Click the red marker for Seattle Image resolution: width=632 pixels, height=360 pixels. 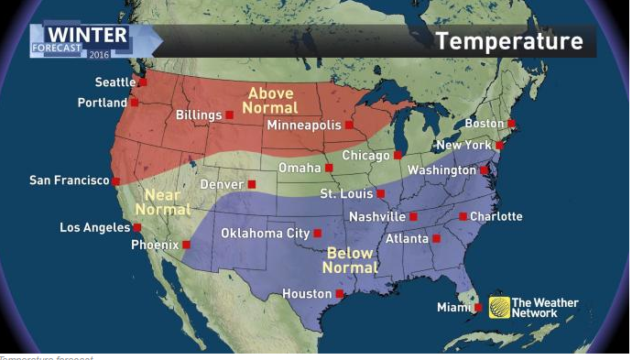(143, 82)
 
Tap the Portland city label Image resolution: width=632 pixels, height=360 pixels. (103, 103)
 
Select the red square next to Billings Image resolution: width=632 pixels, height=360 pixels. (229, 115)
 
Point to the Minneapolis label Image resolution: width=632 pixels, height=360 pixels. (303, 125)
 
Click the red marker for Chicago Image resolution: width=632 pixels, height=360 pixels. (398, 155)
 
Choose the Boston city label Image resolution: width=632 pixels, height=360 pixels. (485, 124)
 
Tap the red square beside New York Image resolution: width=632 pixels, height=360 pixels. (499, 146)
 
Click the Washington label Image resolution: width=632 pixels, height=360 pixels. (441, 171)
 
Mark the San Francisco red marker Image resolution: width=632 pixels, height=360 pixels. (115, 181)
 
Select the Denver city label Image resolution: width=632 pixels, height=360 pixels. (222, 185)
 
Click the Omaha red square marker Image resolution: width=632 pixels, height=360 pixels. (329, 168)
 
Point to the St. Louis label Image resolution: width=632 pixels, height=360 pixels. (346, 194)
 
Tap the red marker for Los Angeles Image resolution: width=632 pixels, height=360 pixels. (136, 227)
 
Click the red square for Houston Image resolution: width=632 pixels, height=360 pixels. (340, 294)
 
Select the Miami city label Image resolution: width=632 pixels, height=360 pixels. (453, 308)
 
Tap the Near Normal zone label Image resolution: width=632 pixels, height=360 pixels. (163, 203)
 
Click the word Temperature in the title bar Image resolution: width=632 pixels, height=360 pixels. (508, 41)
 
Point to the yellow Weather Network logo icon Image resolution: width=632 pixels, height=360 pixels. (499, 308)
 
